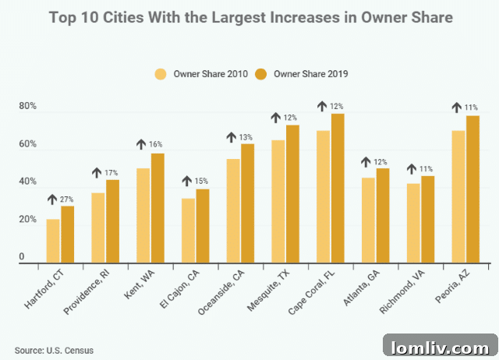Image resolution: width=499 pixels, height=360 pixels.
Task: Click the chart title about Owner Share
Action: tap(249, 16)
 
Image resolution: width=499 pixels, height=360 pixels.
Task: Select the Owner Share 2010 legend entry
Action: tap(200, 74)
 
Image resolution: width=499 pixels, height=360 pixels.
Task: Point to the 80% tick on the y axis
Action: tap(27, 107)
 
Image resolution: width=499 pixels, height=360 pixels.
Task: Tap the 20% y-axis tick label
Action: tap(27, 220)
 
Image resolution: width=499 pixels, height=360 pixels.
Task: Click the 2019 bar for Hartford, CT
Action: tap(68, 235)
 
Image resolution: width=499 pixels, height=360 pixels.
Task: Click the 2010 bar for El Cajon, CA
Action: tap(188, 231)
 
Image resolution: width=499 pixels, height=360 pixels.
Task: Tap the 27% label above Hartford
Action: tap(67, 200)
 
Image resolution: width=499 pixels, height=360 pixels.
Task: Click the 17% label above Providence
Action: tap(112, 173)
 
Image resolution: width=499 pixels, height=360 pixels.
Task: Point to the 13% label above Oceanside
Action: tap(246, 138)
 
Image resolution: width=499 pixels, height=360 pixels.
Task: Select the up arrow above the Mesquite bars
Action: tap(276, 118)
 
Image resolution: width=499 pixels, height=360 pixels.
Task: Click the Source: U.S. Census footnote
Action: tap(54, 351)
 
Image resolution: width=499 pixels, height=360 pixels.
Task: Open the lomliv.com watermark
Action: tap(441, 346)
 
